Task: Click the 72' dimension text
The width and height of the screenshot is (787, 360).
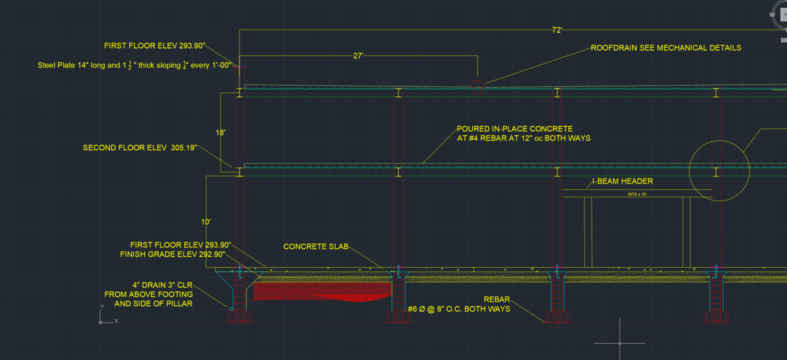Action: coord(557,30)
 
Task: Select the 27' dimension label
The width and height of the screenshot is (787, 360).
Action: coord(358,56)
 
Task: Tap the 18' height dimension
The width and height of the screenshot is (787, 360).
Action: coord(221,132)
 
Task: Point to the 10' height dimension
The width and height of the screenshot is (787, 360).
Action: coord(206,222)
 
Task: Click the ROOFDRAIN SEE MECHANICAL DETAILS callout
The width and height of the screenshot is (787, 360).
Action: coord(666,48)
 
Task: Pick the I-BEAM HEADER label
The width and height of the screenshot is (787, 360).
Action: coord(622,182)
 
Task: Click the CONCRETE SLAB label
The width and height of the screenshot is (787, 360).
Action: coord(315,247)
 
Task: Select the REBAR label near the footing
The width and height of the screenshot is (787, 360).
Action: coord(496,299)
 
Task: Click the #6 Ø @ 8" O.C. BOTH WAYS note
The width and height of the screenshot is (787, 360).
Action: coord(459,309)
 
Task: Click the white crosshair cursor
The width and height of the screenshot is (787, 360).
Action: coord(619,342)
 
